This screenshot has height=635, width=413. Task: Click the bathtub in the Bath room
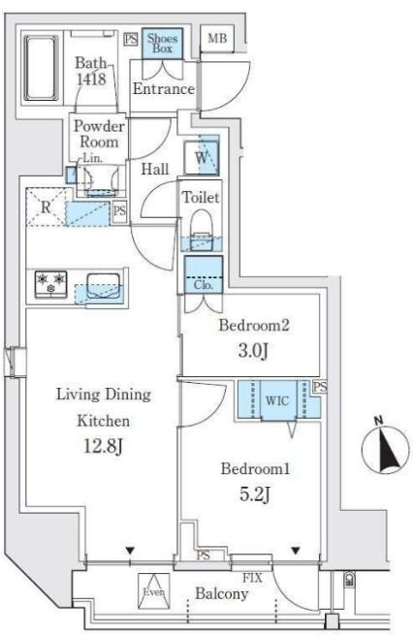click(41, 68)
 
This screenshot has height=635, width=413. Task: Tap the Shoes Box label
click(162, 44)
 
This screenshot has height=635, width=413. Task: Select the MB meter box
click(217, 39)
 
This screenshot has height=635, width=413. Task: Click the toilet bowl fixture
click(202, 228)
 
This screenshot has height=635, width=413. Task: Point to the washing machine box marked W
click(202, 157)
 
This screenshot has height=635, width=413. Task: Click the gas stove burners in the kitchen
click(51, 284)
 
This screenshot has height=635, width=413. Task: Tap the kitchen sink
click(104, 286)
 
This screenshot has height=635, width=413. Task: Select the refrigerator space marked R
click(46, 206)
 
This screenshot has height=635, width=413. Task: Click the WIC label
click(277, 401)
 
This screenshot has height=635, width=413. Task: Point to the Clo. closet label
click(204, 285)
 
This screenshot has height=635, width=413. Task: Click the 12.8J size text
click(103, 447)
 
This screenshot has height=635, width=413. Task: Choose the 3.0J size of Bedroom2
click(253, 351)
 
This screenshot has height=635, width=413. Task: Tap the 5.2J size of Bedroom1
click(255, 494)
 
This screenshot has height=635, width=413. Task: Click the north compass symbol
click(385, 449)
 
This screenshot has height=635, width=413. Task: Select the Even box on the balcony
click(154, 591)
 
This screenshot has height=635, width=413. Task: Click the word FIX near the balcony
click(252, 578)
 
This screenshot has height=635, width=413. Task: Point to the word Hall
click(155, 169)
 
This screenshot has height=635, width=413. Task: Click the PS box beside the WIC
click(320, 387)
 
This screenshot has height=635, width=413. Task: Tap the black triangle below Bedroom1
click(296, 551)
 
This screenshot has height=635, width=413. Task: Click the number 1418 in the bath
click(91, 79)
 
